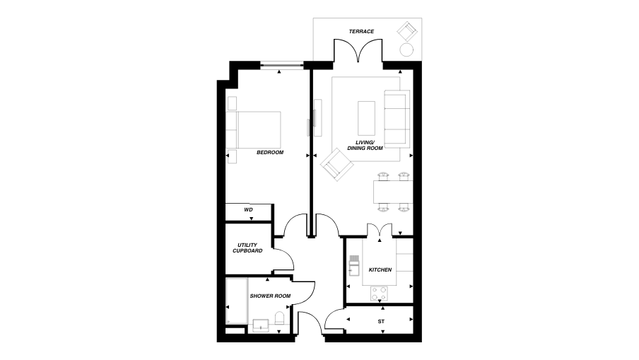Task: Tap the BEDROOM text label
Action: [269, 153]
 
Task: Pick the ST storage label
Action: [381, 322]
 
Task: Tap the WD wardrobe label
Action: [248, 210]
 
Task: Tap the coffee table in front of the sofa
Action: [366, 117]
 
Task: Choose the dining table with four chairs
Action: [392, 191]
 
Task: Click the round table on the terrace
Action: [407, 50]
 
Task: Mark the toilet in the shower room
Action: [279, 320]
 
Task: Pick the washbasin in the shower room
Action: [259, 326]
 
